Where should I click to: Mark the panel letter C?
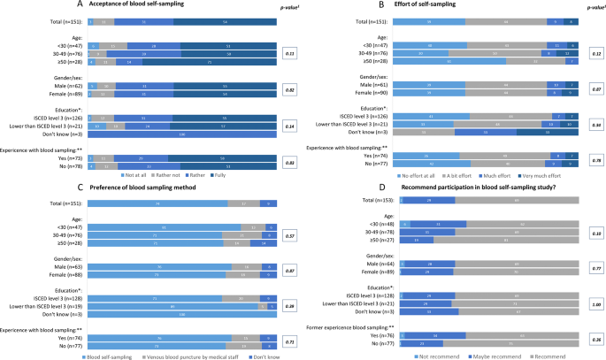5,187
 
